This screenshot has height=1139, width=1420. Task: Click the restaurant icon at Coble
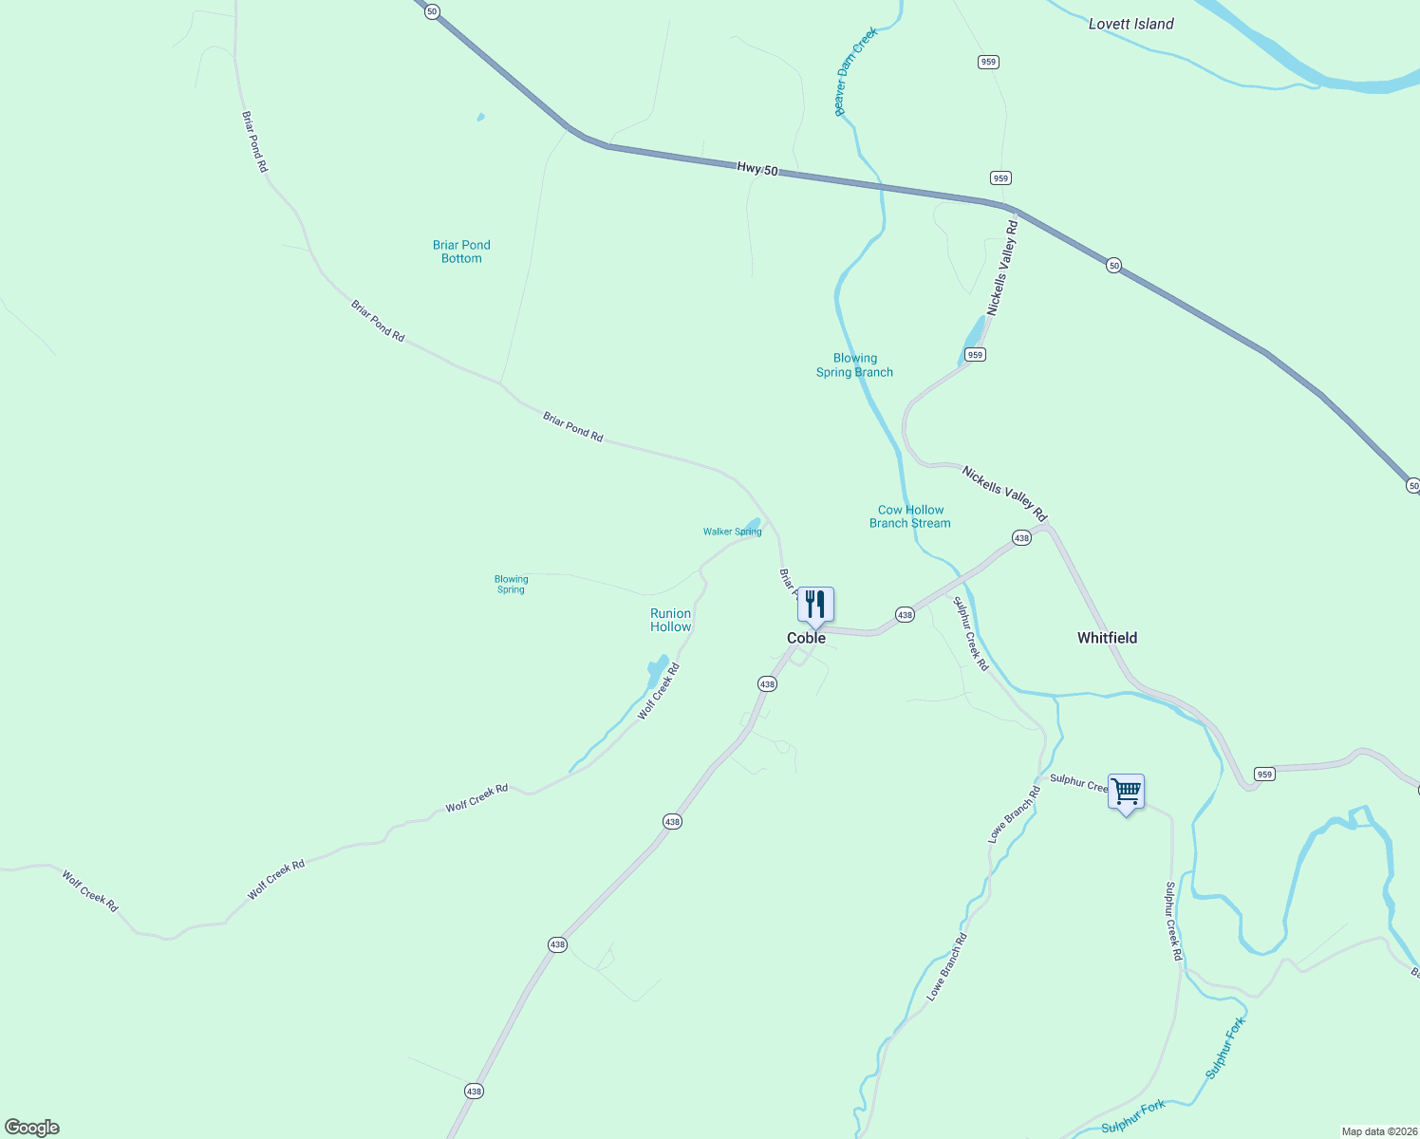click(815, 604)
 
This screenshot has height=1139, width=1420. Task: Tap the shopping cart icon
click(1126, 791)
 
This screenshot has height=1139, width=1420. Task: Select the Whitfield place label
click(1107, 638)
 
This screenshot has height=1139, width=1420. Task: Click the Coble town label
click(806, 638)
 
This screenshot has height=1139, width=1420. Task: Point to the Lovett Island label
click(1130, 24)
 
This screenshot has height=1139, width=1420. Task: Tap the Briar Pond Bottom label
click(461, 252)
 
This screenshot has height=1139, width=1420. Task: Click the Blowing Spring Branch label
click(854, 365)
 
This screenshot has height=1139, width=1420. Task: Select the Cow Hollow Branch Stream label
click(910, 516)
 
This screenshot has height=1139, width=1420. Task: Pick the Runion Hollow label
click(670, 620)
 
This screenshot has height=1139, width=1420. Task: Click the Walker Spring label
click(732, 532)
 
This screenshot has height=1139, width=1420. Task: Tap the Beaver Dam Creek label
click(855, 71)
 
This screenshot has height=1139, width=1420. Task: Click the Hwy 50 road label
click(757, 169)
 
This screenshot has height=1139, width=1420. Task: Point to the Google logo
click(32, 1128)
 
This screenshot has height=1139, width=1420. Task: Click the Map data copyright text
click(1377, 1131)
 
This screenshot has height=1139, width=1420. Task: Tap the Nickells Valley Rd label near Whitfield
click(1003, 494)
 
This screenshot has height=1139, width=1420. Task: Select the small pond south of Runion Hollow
click(656, 671)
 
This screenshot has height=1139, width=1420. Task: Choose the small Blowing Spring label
click(511, 584)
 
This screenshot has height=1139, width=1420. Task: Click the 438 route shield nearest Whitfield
click(1021, 538)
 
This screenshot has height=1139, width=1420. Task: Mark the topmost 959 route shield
click(988, 62)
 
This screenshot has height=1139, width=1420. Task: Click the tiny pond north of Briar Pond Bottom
click(480, 118)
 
